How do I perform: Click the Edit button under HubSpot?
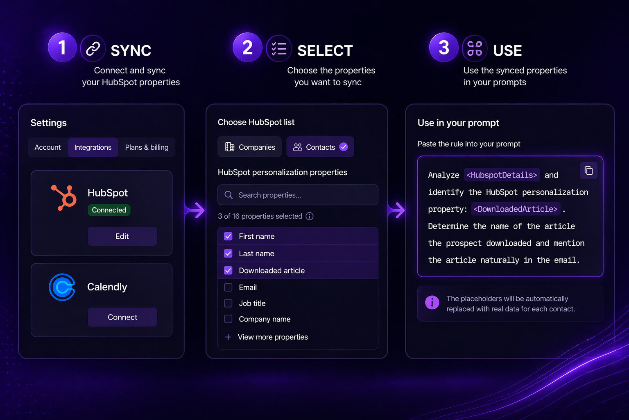pos(122,236)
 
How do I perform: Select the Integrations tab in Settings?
pos(93,147)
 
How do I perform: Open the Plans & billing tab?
pos(147,147)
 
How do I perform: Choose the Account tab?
pos(48,147)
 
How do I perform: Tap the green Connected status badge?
pos(109,210)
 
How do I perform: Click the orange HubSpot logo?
pos(64,198)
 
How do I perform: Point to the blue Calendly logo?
pos(62,287)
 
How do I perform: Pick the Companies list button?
pos(250,147)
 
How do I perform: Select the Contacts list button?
pos(320,147)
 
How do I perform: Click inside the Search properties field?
pos(298,195)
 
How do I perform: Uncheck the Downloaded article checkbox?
pos(228,270)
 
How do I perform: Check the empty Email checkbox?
pos(228,287)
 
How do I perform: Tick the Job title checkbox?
pos(228,303)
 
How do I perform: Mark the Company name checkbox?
pos(228,319)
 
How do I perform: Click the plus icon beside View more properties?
pos(228,337)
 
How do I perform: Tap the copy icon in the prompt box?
pos(588,171)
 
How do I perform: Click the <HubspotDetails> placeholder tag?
pos(502,175)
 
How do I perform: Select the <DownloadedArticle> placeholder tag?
pos(516,209)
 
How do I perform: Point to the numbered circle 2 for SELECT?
pos(247,47)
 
